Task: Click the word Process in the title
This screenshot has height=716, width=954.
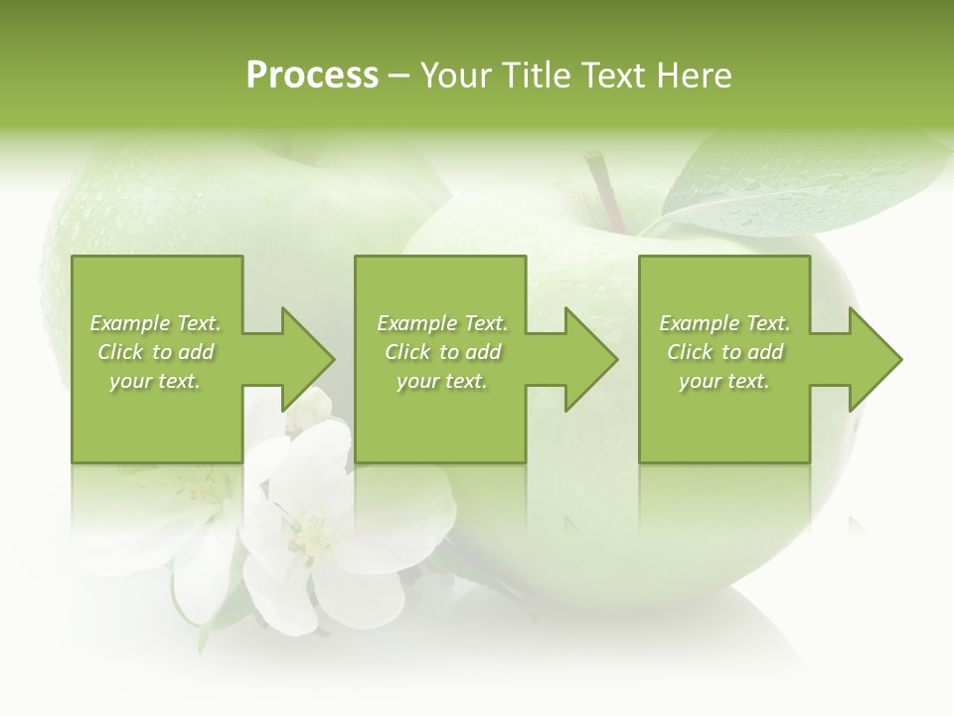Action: coord(312,76)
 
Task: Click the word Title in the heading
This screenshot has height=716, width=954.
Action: coord(534,76)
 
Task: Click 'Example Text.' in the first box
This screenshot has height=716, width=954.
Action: coord(155,323)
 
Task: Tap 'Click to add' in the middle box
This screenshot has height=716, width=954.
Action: coord(442,352)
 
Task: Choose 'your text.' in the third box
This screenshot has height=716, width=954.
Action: coord(724,381)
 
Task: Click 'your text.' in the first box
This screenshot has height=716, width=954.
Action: coord(155,381)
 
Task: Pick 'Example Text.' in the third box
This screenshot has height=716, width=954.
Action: coord(724,323)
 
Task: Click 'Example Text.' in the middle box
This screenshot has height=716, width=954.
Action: coord(442,323)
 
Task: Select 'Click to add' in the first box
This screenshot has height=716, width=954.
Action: coord(155,352)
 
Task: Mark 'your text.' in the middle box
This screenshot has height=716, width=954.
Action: coord(442,381)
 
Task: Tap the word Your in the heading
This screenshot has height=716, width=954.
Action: coord(456,76)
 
